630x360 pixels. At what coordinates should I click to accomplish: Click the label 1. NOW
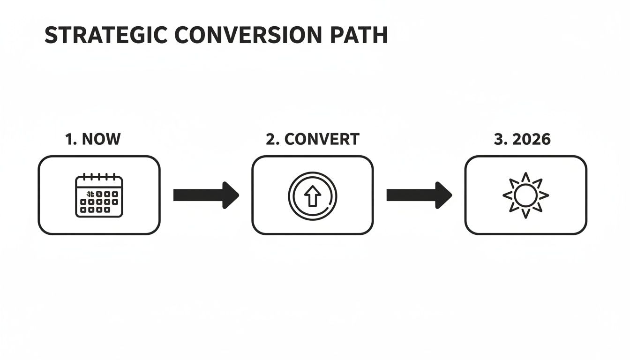tap(93, 139)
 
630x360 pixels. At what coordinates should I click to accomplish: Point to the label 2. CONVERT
tap(312, 139)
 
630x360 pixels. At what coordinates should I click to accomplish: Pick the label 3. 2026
tap(522, 139)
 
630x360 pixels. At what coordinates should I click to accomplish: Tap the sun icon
tap(525, 195)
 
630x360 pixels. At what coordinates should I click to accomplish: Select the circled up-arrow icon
tap(312, 195)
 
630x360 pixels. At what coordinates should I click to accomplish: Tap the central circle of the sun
tap(525, 195)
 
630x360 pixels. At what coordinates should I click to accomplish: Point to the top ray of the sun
tap(525, 177)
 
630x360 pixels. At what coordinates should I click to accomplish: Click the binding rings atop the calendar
tap(99, 176)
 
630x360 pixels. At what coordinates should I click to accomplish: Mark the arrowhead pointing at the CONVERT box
tap(230, 195)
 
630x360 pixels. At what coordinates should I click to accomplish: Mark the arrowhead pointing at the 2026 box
tap(443, 195)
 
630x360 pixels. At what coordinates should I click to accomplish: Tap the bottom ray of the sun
tap(525, 213)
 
